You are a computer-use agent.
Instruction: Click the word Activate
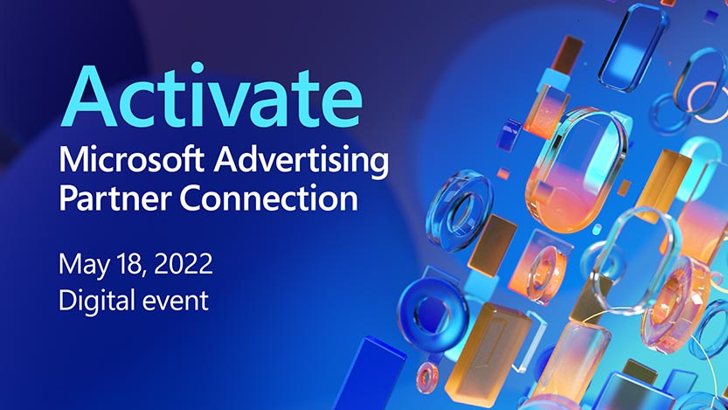pos(213,94)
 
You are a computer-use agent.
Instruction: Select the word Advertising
pos(302,163)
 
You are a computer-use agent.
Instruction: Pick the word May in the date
pos(82,263)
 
